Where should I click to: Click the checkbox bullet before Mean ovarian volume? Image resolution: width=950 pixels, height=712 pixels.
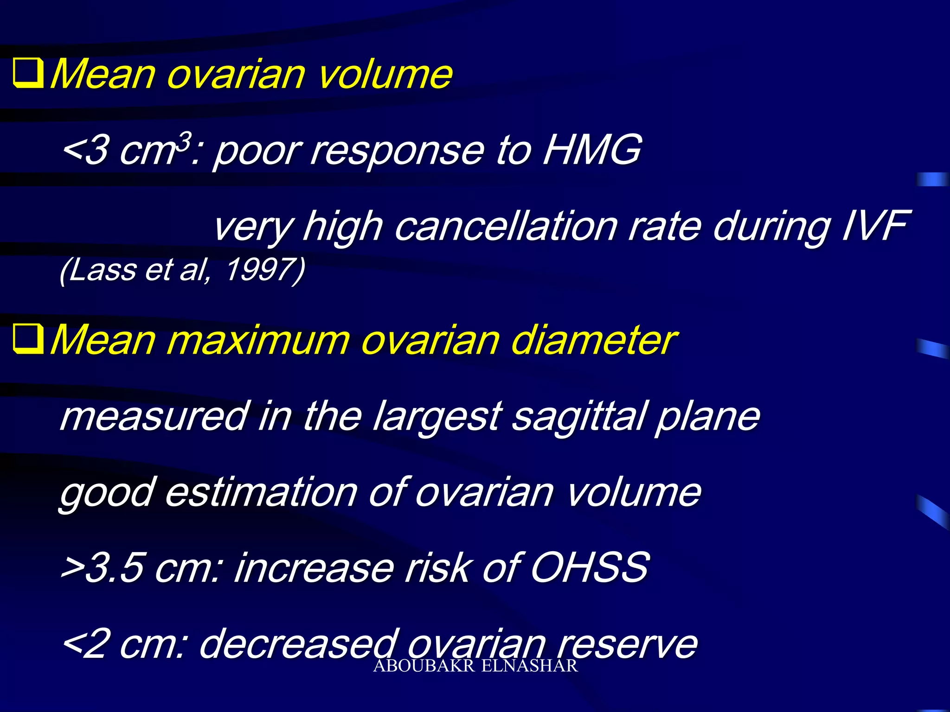(28, 73)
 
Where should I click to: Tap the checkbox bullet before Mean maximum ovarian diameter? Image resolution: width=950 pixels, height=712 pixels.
(28, 339)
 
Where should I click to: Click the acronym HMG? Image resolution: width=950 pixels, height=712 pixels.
(592, 150)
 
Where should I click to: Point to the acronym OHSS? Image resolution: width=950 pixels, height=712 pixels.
(589, 567)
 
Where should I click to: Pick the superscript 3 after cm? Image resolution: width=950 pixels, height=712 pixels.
(185, 140)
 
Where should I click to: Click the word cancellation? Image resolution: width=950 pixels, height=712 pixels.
(506, 226)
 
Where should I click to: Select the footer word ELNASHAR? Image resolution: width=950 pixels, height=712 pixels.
(529, 666)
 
